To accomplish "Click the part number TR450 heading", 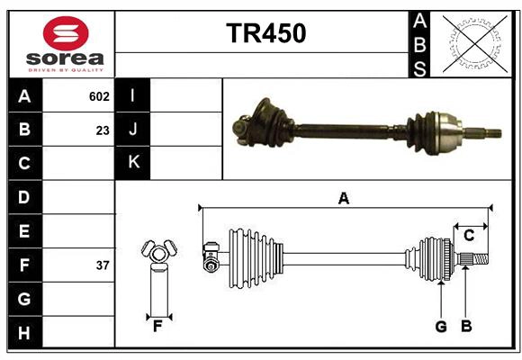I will tap(265, 33).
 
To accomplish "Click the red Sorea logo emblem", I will tap(66, 35).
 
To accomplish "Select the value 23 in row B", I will tap(103, 130).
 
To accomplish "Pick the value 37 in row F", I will tap(103, 265).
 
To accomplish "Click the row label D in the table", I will tap(24, 197).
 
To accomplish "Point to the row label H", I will tap(24, 333).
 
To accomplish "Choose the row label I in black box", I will tap(133, 95).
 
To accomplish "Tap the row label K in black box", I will tap(133, 163).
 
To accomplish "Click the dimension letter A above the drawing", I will tap(343, 198).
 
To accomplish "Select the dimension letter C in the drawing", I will tap(469, 236).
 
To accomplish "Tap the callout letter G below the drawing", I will tap(441, 327).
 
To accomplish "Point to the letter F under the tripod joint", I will tap(157, 327).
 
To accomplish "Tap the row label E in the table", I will tap(24, 231).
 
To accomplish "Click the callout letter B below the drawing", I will tap(466, 327).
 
